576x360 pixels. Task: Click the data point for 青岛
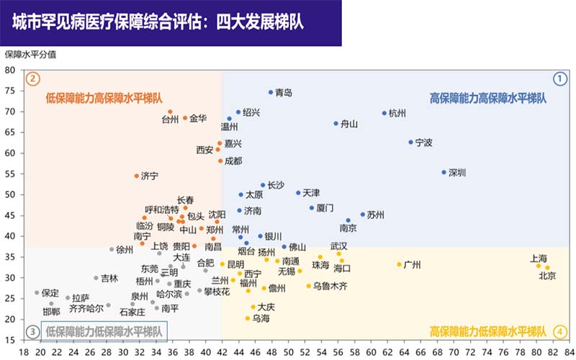[271, 92]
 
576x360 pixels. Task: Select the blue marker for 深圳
[444, 172]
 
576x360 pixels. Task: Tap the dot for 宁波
[411, 143]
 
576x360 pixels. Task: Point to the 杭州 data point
[384, 113]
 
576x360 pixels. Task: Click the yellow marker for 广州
[400, 264]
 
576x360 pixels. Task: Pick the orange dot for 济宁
[137, 176]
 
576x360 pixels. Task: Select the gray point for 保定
[37, 293]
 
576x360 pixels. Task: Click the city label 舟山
[349, 124]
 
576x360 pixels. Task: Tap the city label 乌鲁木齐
[330, 287]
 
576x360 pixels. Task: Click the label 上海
[539, 258]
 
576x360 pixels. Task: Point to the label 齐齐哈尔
[86, 309]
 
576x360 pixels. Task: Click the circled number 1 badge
[559, 78]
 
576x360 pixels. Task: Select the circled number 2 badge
[32, 78]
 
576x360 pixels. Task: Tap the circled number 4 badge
[559, 332]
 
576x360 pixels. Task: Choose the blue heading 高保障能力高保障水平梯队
[488, 97]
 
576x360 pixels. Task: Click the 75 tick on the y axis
[10, 91]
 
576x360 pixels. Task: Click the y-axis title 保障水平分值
[30, 55]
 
